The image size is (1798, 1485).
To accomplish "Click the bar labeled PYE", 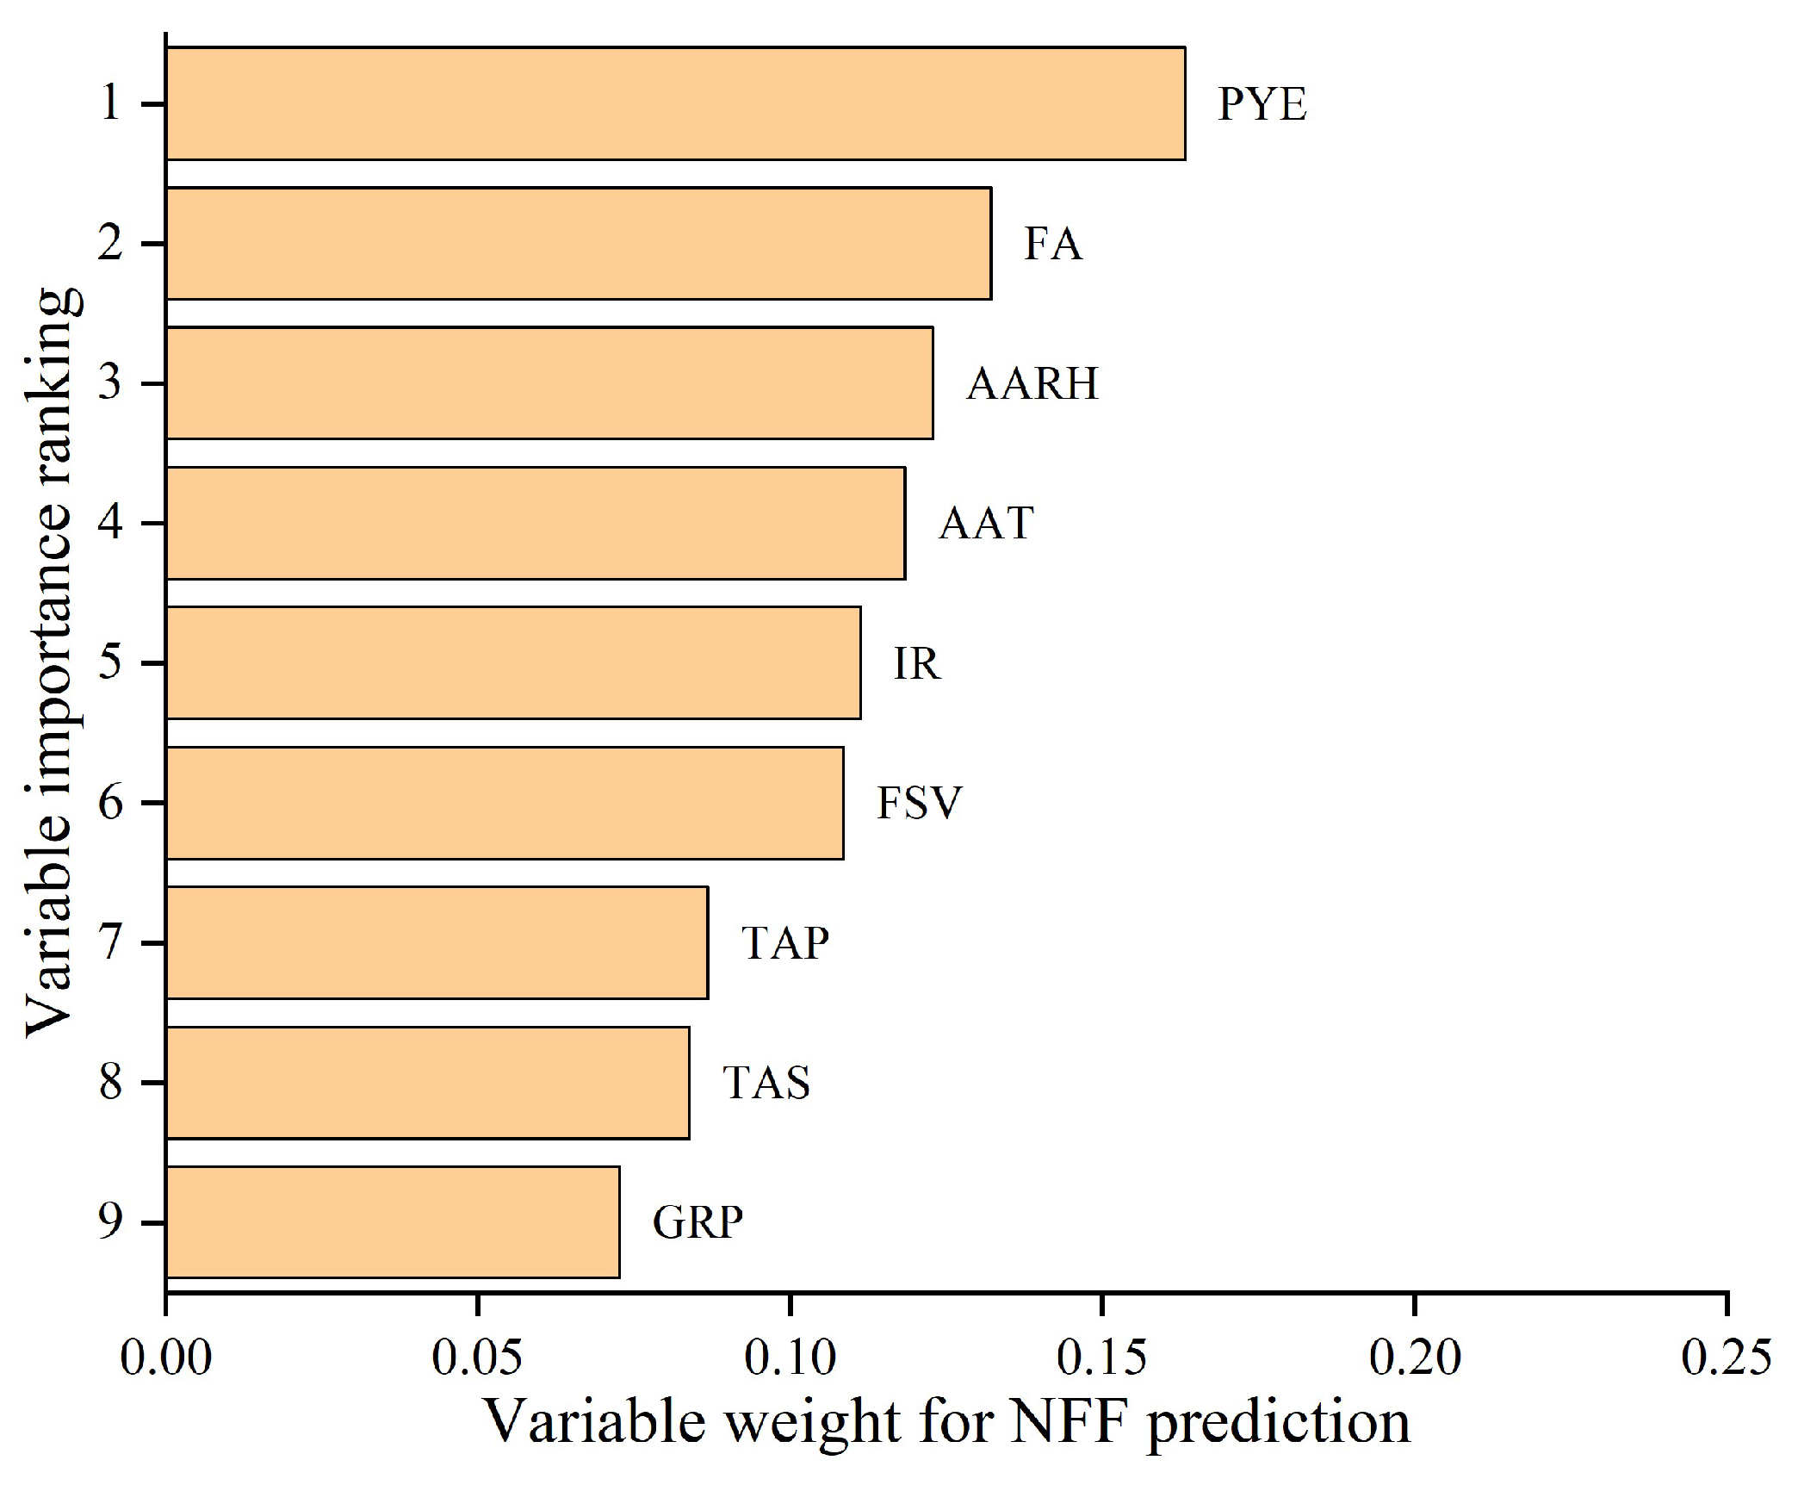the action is (676, 103).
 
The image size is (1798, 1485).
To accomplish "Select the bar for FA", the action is (579, 243).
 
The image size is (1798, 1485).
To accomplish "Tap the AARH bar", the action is (549, 382).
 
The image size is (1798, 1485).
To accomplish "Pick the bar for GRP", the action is (393, 1221).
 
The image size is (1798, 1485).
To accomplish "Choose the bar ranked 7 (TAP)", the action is (437, 942).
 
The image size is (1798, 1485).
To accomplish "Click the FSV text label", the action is (919, 803).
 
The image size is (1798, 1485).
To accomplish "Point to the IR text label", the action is (917, 663).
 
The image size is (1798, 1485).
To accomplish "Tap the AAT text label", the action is (986, 523).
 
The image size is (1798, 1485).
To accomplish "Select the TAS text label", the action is (766, 1083).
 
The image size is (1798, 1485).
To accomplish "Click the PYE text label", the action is (1262, 104).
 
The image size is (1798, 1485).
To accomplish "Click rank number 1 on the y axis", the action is (109, 104).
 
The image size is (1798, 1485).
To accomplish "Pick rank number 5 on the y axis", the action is (109, 663).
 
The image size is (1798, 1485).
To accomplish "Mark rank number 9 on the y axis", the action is (109, 1222).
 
